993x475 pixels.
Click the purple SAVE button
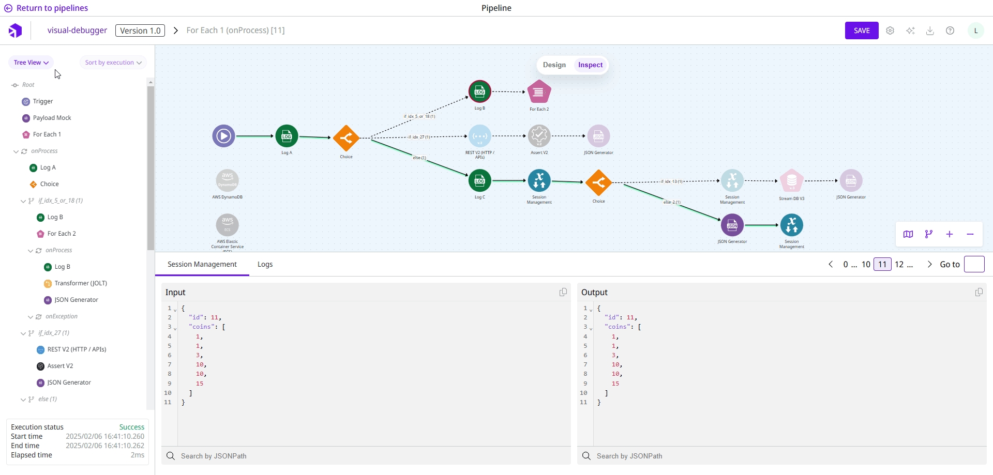862,30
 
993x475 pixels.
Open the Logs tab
265,264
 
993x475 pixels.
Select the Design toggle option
554,65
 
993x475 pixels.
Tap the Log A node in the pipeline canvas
287,136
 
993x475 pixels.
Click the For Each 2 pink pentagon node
539,93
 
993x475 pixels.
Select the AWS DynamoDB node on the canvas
228,181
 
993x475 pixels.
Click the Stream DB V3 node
791,181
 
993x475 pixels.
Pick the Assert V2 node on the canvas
539,136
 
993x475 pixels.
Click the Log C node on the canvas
479,181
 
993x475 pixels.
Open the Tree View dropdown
31,63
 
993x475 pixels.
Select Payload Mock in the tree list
52,118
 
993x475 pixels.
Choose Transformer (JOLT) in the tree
81,283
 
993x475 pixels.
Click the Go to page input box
974,264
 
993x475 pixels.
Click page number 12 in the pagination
899,264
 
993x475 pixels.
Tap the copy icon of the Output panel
979,293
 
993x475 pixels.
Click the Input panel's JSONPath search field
367,456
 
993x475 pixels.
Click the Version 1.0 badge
140,30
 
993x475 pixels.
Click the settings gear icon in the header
890,30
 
